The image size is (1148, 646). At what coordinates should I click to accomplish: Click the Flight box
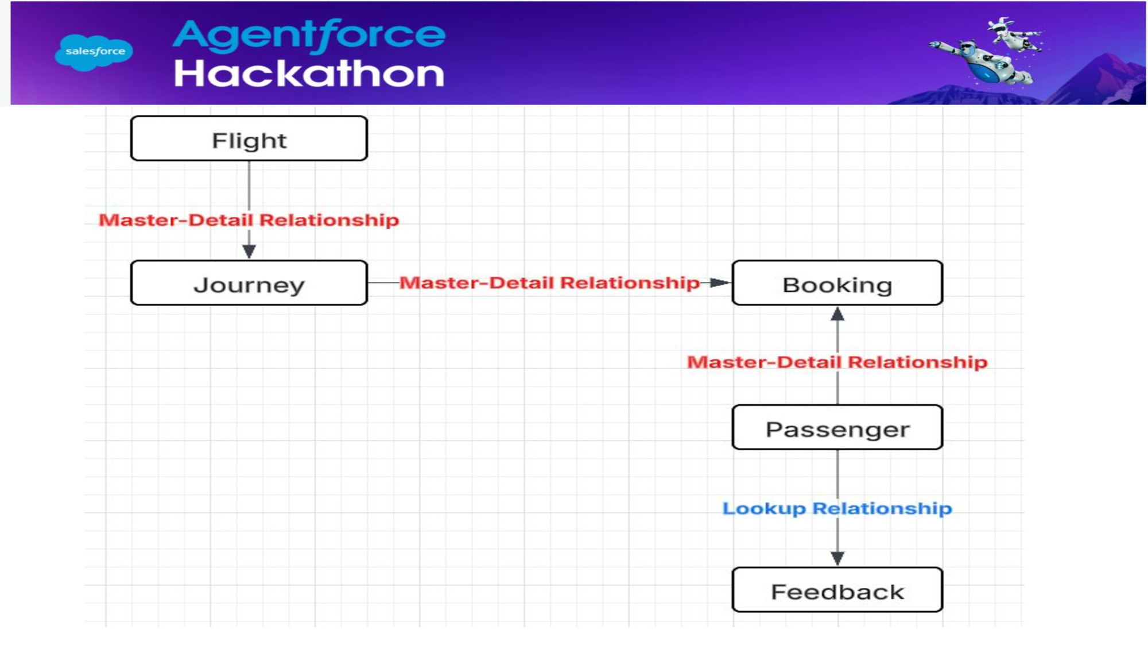coord(249,138)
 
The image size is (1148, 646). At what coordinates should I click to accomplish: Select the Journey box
coord(249,283)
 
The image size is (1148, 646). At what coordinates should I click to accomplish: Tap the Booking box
coord(837,283)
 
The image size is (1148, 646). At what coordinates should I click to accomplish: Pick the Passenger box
coord(837,427)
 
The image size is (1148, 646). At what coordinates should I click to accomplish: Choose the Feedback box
coord(837,590)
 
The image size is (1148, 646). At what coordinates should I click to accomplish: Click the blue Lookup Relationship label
coord(837,509)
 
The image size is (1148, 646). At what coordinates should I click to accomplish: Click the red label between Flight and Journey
coord(249,220)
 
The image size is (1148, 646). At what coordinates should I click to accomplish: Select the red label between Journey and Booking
coord(549,283)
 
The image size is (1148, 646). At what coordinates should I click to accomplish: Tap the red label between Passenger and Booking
coord(837,362)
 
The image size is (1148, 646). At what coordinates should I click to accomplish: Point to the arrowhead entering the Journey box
coord(249,252)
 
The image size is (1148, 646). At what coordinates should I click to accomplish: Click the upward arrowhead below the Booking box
coord(837,314)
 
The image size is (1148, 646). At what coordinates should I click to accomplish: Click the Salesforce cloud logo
coord(94,52)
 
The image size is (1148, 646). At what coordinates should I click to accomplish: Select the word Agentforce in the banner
coord(309,36)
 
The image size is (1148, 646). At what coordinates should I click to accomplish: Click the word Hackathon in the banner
coord(309,74)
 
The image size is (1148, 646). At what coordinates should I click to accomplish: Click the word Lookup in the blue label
coord(764,509)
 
